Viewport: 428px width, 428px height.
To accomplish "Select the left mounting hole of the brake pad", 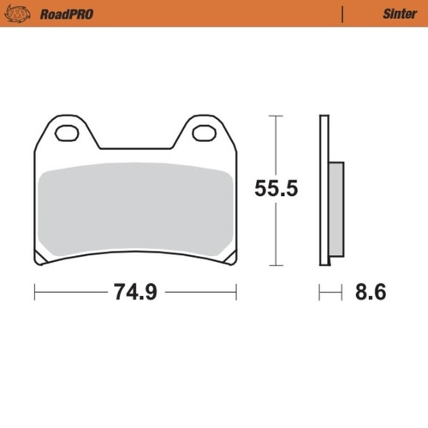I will tap(67, 133).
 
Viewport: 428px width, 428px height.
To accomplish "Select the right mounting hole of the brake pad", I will tap(203, 133).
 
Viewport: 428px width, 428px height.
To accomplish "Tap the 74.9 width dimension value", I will tap(134, 292).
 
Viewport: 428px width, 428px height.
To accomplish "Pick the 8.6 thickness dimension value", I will tap(370, 292).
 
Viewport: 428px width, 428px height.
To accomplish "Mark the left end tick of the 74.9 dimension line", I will tap(34, 292).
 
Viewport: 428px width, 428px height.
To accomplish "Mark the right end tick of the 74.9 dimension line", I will tap(236, 292).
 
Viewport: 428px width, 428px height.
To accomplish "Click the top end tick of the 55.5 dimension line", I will tap(275, 116).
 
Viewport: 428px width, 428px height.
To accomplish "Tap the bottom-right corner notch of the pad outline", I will tap(233, 260).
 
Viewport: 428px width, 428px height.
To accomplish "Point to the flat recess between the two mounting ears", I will tap(135, 148).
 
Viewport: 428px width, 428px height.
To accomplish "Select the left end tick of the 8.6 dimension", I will tap(320, 292).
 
